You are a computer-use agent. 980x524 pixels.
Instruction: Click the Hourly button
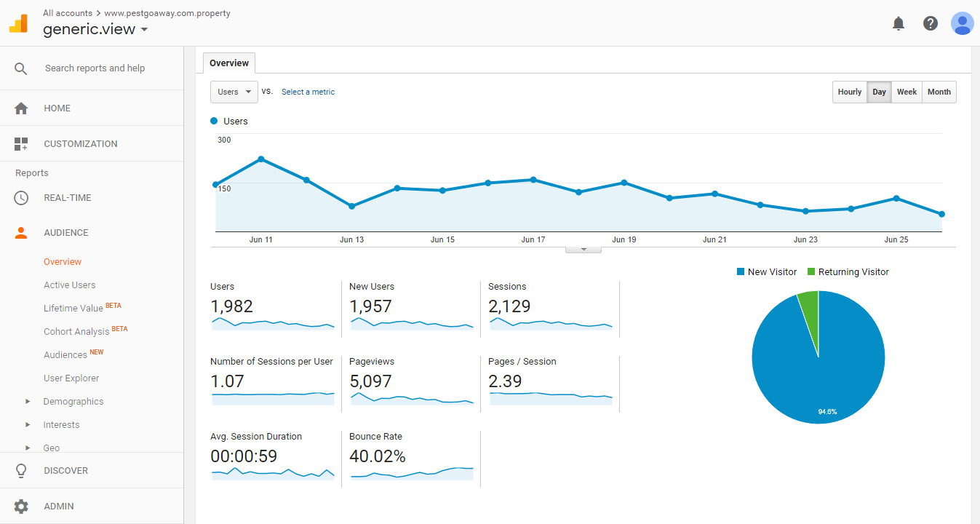click(849, 92)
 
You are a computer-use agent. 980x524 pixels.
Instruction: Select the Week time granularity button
click(907, 92)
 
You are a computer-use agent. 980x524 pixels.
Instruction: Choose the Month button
click(939, 92)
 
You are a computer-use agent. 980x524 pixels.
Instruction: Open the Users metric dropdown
click(234, 92)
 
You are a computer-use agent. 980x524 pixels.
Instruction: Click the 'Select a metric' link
click(308, 92)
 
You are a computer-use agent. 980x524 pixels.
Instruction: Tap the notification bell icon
click(899, 23)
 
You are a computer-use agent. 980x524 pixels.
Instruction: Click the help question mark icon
click(930, 23)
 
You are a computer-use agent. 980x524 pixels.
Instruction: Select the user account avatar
click(962, 23)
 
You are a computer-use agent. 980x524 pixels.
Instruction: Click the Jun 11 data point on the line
click(260, 159)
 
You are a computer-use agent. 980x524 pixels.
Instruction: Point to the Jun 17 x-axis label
click(533, 239)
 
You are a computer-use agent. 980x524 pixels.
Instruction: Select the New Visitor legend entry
click(767, 272)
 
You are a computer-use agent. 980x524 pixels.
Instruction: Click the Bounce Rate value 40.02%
click(377, 456)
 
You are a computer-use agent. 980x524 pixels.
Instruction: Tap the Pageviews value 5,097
click(370, 381)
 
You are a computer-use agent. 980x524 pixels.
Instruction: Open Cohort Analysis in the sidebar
click(76, 332)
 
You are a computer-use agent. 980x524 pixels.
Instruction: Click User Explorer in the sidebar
click(71, 378)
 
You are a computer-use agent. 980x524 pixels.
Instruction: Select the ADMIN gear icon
click(21, 507)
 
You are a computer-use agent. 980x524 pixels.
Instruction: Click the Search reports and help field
click(95, 68)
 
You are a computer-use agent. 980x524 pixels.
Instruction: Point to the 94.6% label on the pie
click(827, 412)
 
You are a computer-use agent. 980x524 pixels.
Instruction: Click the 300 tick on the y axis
click(224, 140)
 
